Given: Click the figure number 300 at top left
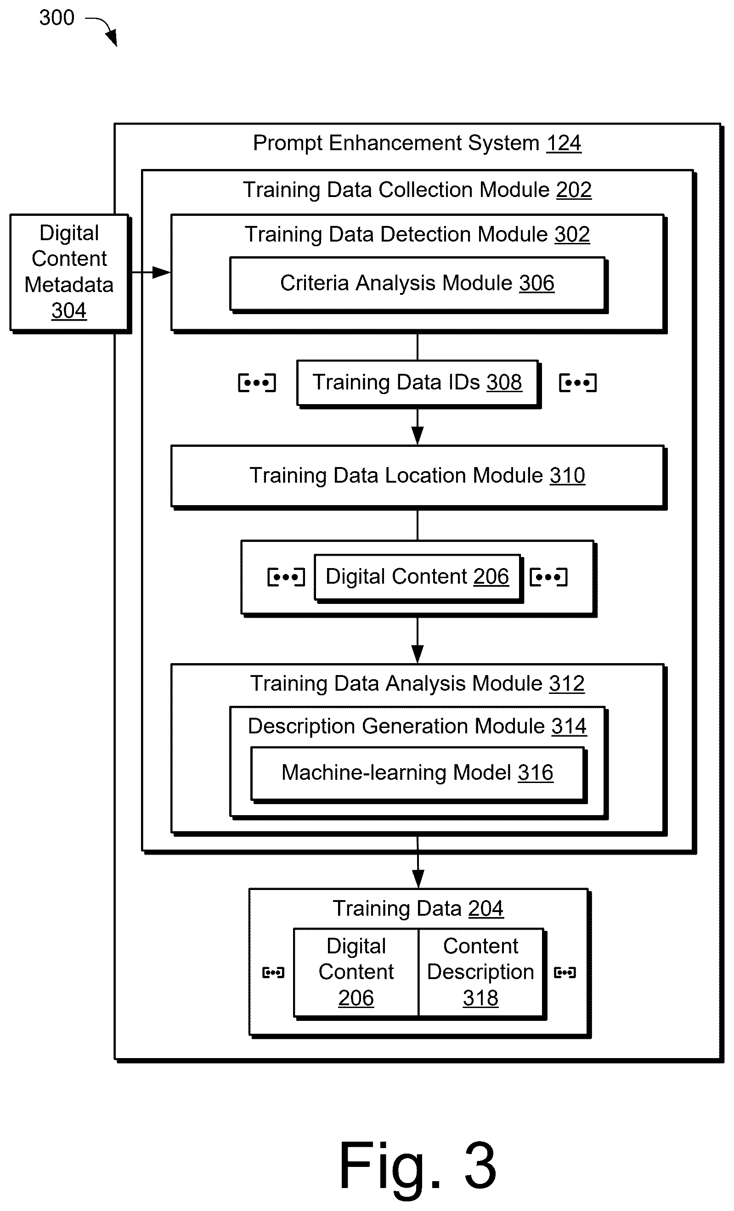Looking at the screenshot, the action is coord(56,18).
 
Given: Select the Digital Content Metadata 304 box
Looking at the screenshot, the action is coord(70,273).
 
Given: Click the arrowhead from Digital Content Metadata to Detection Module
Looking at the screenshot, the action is coord(161,272).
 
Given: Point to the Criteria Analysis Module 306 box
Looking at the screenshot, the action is coord(418,284).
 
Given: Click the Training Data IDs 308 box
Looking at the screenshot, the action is coord(418,383).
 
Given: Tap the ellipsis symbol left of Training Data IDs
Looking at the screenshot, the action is coord(257,383).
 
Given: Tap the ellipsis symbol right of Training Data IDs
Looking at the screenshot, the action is coord(578,383).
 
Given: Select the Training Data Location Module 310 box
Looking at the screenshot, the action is coord(418,477).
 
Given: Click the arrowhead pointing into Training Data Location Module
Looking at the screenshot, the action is coord(418,436).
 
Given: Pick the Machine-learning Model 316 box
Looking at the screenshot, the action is coord(418,774).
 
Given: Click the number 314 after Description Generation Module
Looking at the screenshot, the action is coord(569,726).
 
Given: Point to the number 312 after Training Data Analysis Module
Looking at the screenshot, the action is coord(567,683).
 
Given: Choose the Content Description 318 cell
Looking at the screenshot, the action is coord(481,973).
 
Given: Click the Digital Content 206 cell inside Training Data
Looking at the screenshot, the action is coord(356,973).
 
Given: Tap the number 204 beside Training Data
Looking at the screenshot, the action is coord(486,908).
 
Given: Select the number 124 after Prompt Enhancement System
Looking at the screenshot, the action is coord(564,143).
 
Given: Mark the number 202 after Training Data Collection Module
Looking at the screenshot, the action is coord(574,190).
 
